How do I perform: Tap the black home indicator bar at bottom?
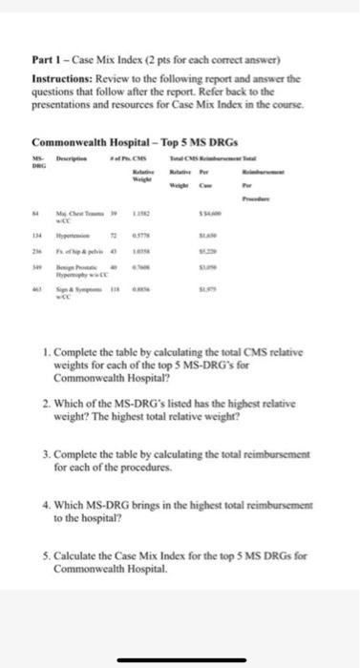180,657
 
